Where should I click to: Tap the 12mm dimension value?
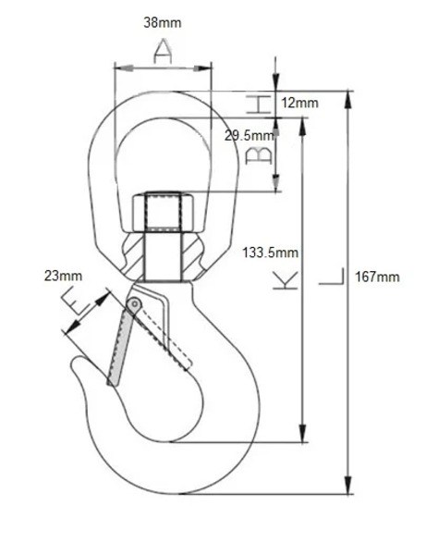coord(300,103)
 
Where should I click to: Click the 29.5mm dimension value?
coord(250,135)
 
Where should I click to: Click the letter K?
coord(286,281)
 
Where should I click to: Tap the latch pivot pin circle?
coord(135,304)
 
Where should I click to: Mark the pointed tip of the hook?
coord(77,364)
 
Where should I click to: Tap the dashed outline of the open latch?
coord(166,333)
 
